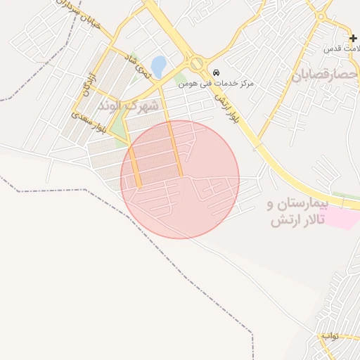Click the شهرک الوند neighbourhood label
click(140, 105)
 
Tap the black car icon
click(215, 72)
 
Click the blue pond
click(159, 67)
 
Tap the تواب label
click(330, 335)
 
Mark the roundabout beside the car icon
click(197, 63)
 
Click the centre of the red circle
click(180, 179)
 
